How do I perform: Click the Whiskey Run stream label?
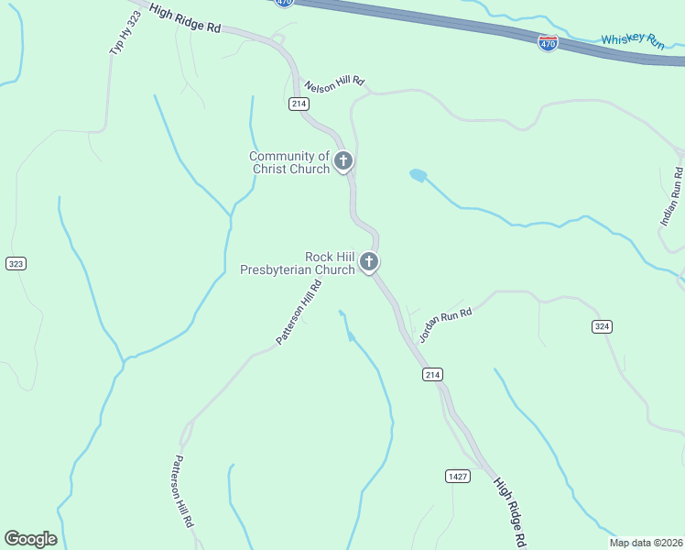(631, 41)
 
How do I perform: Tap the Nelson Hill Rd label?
(334, 83)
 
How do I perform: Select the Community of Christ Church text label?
(289, 162)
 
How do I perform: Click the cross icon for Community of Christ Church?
(343, 162)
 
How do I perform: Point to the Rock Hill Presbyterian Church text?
(297, 263)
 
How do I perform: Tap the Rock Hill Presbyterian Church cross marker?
(369, 263)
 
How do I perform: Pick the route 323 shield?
(16, 264)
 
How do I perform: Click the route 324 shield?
(602, 326)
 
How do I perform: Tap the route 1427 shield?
(459, 476)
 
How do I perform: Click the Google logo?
(30, 539)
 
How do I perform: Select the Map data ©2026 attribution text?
(646, 543)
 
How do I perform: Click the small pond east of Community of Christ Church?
(418, 174)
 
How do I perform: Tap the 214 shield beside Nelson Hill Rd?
(299, 104)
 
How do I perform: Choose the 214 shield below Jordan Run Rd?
(433, 374)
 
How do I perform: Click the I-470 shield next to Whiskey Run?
(548, 43)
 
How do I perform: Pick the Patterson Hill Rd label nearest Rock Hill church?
(299, 313)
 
